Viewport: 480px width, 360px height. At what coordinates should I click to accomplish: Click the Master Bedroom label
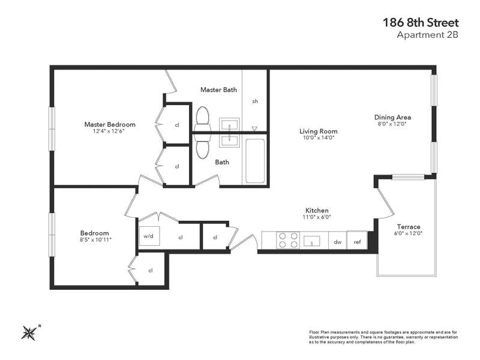pyautogui.click(x=110, y=124)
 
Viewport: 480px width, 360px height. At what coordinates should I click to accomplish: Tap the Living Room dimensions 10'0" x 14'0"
pyautogui.click(x=319, y=138)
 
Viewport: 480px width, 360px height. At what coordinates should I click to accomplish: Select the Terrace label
pyautogui.click(x=409, y=227)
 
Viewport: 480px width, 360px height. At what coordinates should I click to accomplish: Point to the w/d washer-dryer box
pyautogui.click(x=149, y=236)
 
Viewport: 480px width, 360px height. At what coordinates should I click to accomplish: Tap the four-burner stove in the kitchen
pyautogui.click(x=288, y=241)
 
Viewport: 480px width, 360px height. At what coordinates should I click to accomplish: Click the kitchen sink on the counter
pyautogui.click(x=311, y=241)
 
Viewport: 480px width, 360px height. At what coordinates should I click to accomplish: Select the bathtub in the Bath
pyautogui.click(x=255, y=161)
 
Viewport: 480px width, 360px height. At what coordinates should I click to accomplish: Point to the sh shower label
pyautogui.click(x=255, y=101)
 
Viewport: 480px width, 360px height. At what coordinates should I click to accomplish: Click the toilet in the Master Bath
pyautogui.click(x=202, y=119)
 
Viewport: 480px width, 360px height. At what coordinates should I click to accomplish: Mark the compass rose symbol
pyautogui.click(x=29, y=333)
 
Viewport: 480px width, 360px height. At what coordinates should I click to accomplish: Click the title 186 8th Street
pyautogui.click(x=421, y=23)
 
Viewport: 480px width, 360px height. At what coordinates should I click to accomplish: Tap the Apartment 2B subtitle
pyautogui.click(x=427, y=35)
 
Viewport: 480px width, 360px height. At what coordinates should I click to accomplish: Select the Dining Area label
pyautogui.click(x=392, y=117)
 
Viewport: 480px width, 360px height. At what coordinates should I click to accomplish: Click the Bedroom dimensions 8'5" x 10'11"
pyautogui.click(x=95, y=239)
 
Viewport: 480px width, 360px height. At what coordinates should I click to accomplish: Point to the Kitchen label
pyautogui.click(x=317, y=211)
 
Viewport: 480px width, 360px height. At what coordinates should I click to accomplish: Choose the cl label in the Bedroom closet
pyautogui.click(x=151, y=271)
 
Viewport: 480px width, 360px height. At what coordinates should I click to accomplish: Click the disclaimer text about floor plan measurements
pyautogui.click(x=383, y=337)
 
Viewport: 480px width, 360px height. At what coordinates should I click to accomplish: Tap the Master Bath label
pyautogui.click(x=218, y=89)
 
